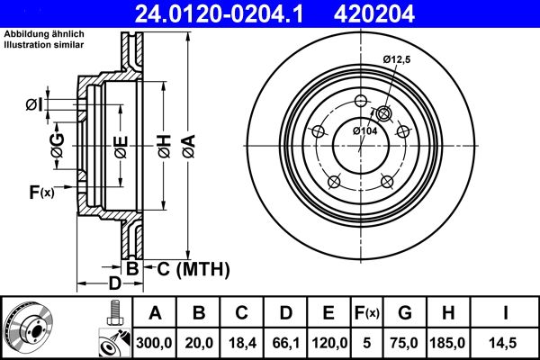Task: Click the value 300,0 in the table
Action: tap(156, 342)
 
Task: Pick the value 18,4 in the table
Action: tap(243, 342)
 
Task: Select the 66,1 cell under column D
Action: tap(286, 342)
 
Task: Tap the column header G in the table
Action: tap(405, 312)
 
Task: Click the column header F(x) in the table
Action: tap(368, 312)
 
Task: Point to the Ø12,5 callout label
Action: tap(397, 59)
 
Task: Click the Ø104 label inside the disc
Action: tap(364, 131)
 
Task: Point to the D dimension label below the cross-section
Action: tap(114, 284)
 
